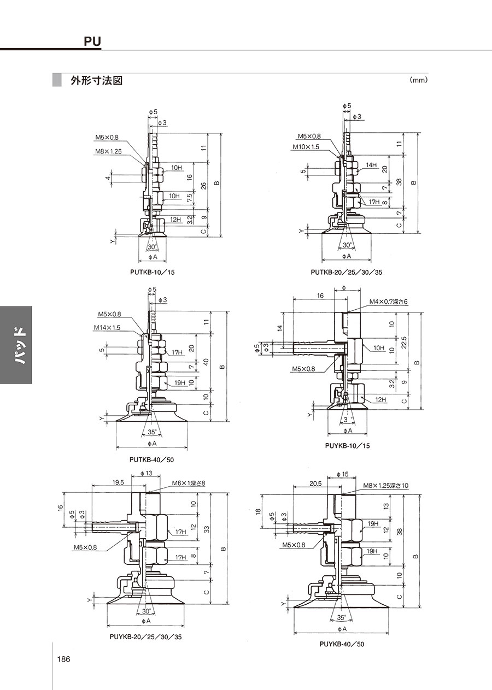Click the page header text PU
(92, 42)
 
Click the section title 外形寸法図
(97, 80)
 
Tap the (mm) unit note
(419, 80)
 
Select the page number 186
(64, 659)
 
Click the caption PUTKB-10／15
(153, 272)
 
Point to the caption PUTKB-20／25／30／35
(347, 272)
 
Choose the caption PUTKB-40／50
(151, 460)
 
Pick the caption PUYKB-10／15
(348, 446)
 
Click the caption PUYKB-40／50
(342, 644)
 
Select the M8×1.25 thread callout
(108, 151)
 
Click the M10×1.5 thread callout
(306, 147)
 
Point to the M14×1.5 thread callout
(107, 327)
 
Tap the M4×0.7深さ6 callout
(389, 302)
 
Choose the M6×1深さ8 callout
(189, 483)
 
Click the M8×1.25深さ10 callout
(385, 486)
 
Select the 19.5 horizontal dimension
(118, 482)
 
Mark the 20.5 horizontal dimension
(315, 484)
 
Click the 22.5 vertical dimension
(404, 342)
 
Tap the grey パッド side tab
(16, 345)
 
